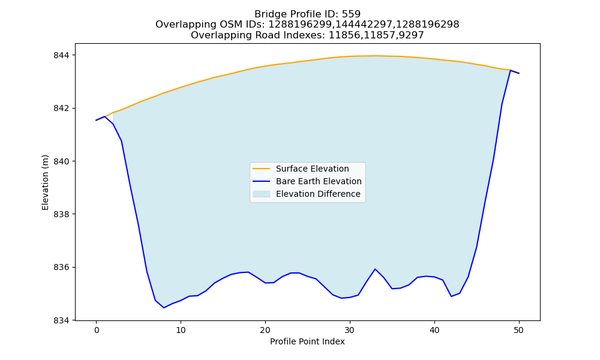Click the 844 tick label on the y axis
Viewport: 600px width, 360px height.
click(x=62, y=55)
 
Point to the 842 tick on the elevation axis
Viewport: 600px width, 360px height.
click(x=62, y=108)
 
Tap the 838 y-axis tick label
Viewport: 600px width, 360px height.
click(x=62, y=214)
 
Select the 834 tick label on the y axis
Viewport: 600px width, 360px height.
click(x=62, y=320)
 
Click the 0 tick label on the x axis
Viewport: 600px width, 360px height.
click(x=97, y=330)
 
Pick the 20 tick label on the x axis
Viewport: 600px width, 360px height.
click(x=265, y=330)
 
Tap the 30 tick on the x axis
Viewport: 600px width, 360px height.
click(x=350, y=330)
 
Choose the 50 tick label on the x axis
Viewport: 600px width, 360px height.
click(x=519, y=330)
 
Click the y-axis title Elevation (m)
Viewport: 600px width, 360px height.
click(x=45, y=182)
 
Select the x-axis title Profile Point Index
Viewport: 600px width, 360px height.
click(x=307, y=341)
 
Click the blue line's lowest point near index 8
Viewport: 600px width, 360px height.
click(x=164, y=308)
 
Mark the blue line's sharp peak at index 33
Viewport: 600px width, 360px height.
click(x=375, y=269)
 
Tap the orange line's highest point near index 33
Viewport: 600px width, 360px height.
click(x=375, y=56)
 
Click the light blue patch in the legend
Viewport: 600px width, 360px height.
click(x=262, y=194)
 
